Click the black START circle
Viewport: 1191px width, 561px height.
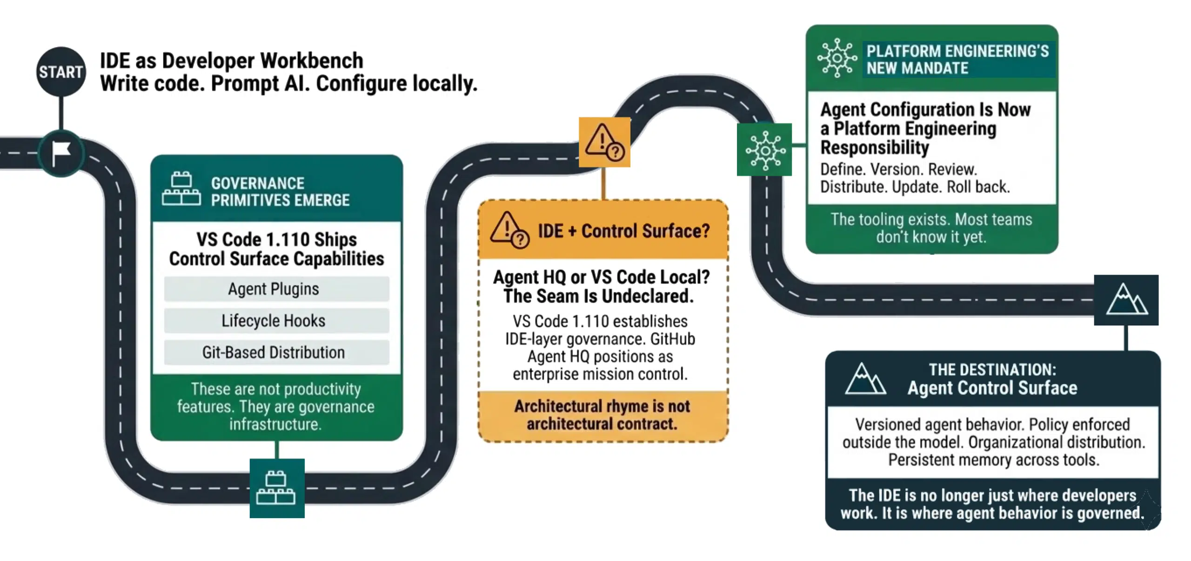pos(61,72)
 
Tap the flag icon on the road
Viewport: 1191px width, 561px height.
pos(61,153)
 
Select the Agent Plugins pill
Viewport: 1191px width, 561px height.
pos(276,289)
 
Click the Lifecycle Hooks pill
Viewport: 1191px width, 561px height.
pos(276,321)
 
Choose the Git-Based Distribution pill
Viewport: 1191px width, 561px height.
pos(276,352)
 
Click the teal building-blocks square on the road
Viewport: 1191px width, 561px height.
pos(277,488)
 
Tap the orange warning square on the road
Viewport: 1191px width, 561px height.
pos(604,142)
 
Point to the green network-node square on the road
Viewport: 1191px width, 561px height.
pos(764,149)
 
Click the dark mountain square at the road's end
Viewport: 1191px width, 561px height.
pos(1126,300)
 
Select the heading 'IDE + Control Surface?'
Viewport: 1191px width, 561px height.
pos(624,231)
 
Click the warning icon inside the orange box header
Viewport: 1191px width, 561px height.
pos(509,230)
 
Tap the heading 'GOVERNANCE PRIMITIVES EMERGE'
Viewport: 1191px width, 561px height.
pos(280,191)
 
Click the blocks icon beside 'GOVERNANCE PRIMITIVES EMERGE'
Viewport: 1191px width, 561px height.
pos(181,189)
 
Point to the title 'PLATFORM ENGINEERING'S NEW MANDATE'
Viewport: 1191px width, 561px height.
pos(957,60)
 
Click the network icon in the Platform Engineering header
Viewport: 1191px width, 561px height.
pos(837,58)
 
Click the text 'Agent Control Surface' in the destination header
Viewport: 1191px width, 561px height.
pos(992,388)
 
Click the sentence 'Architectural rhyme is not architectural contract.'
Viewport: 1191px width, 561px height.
pos(602,415)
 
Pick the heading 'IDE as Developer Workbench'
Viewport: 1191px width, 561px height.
pos(232,61)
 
